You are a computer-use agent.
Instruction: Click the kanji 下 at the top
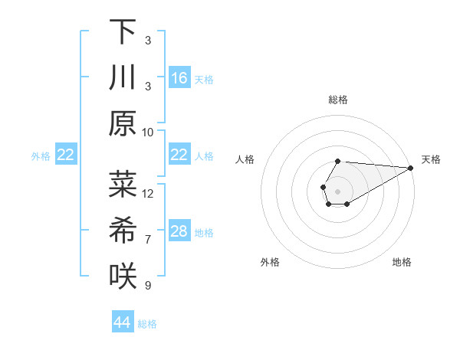point(123,32)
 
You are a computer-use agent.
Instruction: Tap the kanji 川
point(123,78)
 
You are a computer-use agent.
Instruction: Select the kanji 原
point(123,124)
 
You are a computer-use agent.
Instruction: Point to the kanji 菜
point(123,184)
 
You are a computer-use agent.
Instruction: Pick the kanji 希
point(123,230)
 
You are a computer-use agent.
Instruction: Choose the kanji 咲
point(123,276)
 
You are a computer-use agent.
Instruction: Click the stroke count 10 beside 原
point(148,132)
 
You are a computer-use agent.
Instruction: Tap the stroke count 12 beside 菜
point(148,193)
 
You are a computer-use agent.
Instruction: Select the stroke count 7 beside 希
point(148,240)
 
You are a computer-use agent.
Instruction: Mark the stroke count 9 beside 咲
point(148,286)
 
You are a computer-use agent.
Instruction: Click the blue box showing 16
point(179,78)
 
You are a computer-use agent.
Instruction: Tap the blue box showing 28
point(179,231)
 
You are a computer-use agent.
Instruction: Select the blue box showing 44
point(123,322)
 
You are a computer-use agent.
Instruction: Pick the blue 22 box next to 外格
point(65,155)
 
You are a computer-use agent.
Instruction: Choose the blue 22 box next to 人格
point(179,155)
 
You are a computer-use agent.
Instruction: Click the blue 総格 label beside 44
point(147,324)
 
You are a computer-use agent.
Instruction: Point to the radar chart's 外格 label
point(269,262)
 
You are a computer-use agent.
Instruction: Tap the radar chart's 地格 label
point(402,262)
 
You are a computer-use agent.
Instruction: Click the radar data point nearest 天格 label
point(411,168)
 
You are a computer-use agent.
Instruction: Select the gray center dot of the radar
point(337,190)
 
